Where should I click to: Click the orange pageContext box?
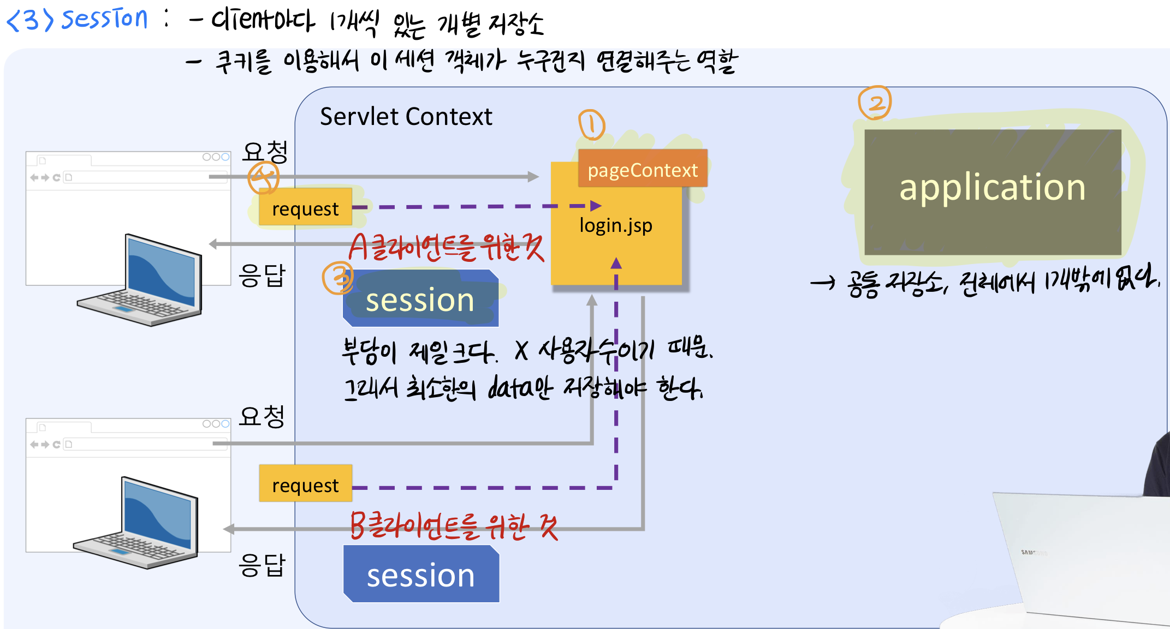tap(643, 169)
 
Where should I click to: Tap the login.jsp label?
tap(616, 225)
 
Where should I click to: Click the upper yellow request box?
tap(305, 207)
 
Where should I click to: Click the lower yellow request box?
tap(305, 484)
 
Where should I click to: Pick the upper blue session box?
tap(420, 299)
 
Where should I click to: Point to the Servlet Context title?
tap(406, 117)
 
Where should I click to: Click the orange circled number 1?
tap(591, 125)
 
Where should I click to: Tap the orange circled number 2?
tap(875, 103)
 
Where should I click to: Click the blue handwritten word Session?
tap(104, 19)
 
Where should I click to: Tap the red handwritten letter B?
tap(358, 525)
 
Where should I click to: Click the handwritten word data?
tap(508, 387)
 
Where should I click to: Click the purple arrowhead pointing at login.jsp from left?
tap(596, 206)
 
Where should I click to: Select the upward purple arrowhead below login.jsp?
tap(616, 263)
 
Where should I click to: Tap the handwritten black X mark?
tap(521, 351)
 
